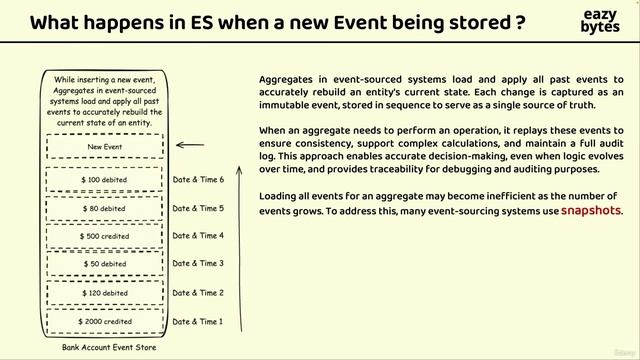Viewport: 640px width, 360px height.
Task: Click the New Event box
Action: click(x=105, y=146)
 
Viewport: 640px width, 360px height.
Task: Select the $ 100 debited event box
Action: click(x=105, y=179)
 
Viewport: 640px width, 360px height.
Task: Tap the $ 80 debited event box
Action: click(x=105, y=208)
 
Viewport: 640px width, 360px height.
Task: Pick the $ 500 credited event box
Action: click(x=105, y=236)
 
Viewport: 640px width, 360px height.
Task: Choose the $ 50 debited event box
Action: click(x=105, y=264)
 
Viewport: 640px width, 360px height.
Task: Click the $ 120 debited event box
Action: click(x=105, y=293)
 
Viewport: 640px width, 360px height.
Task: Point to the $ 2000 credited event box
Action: click(x=105, y=322)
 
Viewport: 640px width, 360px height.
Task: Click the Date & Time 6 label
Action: click(x=198, y=180)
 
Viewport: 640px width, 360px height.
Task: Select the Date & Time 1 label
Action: click(x=198, y=322)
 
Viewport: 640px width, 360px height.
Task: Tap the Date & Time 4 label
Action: click(x=198, y=236)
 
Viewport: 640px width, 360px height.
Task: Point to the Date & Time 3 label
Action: click(x=198, y=264)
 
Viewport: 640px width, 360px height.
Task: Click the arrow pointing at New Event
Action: click(x=190, y=146)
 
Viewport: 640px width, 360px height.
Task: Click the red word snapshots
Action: click(x=591, y=211)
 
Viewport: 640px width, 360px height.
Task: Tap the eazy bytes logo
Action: click(x=600, y=21)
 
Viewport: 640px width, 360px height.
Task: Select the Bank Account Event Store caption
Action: click(x=104, y=347)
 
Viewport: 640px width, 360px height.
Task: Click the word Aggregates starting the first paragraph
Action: click(x=287, y=79)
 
